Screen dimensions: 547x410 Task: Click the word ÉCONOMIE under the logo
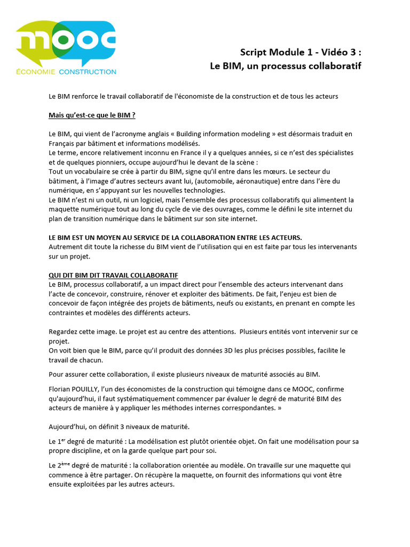(36, 71)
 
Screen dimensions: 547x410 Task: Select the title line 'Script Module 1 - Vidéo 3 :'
(301, 52)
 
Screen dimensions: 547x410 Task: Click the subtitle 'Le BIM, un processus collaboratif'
(286, 66)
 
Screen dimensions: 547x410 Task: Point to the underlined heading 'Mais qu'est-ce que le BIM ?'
(92, 115)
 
